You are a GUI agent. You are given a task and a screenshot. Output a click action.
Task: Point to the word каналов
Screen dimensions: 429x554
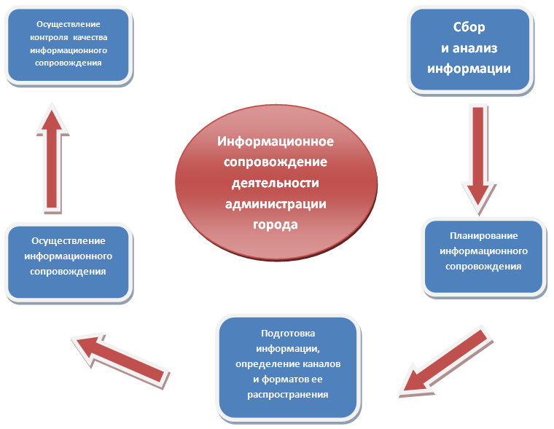pos(320,363)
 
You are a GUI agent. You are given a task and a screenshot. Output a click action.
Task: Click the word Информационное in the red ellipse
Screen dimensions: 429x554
pos(276,141)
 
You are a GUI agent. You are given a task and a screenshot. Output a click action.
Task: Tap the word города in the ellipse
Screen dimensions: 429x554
pos(276,224)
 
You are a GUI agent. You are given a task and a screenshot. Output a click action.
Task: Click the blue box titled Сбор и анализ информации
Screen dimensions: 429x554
pos(478,50)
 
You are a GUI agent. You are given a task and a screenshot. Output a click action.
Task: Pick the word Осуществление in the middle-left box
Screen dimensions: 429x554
pos(69,241)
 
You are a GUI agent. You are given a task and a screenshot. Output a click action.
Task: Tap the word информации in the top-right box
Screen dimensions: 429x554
pos(479,69)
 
